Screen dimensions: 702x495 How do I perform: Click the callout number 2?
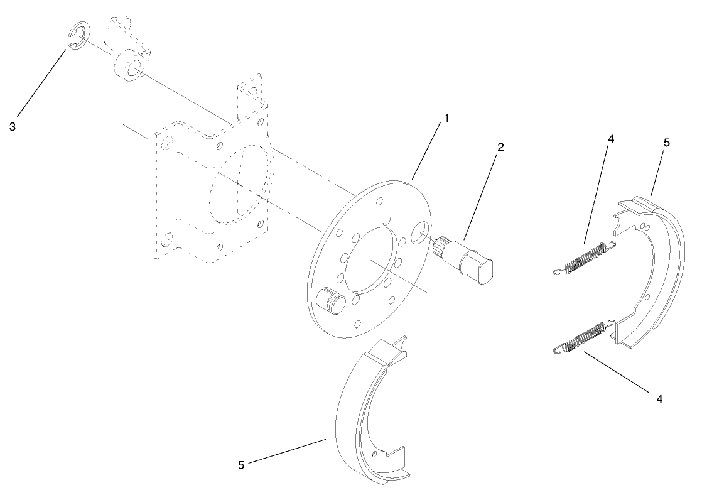click(500, 147)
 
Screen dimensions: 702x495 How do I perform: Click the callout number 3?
click(13, 126)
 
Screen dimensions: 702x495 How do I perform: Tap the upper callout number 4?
click(611, 139)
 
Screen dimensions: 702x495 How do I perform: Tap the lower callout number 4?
click(659, 398)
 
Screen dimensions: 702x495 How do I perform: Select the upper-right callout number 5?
click(666, 143)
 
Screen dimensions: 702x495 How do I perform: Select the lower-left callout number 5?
click(242, 465)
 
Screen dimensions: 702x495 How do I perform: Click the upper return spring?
click(584, 258)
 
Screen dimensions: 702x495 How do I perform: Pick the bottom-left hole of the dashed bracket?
click(166, 239)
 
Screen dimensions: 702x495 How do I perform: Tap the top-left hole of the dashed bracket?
click(166, 144)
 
